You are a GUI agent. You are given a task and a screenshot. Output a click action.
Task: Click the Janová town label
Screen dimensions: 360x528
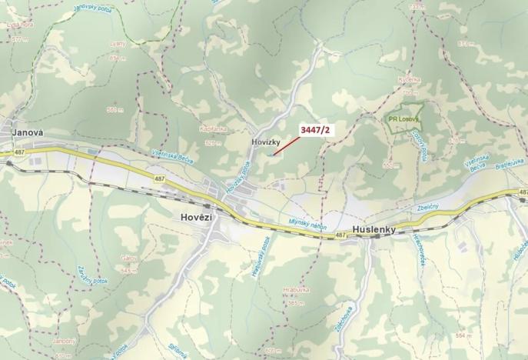click(27, 132)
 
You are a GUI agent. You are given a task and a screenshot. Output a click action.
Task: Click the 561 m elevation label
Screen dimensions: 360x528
click(116, 111)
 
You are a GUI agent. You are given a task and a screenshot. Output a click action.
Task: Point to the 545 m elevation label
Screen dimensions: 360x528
click(128, 270)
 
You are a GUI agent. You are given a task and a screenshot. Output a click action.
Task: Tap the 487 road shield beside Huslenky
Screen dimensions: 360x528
click(340, 236)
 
